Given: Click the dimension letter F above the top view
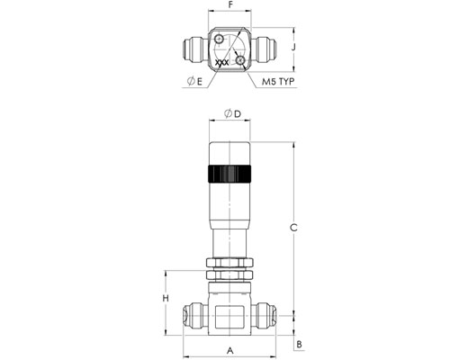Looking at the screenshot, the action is (x=230, y=4).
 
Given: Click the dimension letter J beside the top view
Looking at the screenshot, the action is (x=294, y=47).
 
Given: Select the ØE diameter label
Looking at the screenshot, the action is (x=194, y=81).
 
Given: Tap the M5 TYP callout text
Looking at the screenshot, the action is (x=278, y=81).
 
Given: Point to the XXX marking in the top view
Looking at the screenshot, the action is (x=222, y=63).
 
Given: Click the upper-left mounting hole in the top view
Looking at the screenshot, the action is (x=219, y=39).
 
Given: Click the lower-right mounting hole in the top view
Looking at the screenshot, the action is (x=240, y=60).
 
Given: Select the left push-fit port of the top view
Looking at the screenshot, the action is (x=195, y=49).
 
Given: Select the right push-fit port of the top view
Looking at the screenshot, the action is (x=264, y=49).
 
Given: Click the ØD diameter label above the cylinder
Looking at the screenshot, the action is (x=232, y=113).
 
